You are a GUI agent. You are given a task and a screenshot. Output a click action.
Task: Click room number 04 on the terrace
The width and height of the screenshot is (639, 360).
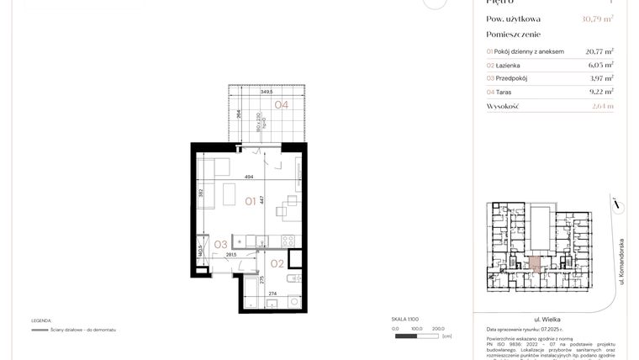[280, 105]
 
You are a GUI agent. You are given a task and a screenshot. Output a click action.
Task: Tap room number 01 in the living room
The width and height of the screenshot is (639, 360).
[251, 201]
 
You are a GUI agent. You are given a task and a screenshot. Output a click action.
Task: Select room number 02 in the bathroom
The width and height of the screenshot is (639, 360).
[278, 262]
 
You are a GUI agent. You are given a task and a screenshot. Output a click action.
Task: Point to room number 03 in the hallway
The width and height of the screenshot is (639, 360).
[220, 244]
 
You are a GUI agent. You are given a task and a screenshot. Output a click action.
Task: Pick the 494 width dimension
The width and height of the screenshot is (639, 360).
[249, 177]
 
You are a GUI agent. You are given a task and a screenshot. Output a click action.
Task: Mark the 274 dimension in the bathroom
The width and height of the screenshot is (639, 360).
[272, 293]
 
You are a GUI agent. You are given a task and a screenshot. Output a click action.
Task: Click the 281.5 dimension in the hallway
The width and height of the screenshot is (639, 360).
[230, 255]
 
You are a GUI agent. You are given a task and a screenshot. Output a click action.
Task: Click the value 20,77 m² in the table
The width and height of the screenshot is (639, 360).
[599, 51]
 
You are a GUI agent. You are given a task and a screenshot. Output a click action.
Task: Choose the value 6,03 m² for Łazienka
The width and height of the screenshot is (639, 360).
[599, 65]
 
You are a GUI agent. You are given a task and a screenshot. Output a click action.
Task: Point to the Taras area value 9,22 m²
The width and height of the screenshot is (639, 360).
[599, 92]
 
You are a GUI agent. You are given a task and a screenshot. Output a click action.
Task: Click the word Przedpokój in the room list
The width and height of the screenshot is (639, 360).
[516, 78]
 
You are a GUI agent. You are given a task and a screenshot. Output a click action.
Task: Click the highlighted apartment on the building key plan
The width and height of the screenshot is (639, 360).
[536, 263]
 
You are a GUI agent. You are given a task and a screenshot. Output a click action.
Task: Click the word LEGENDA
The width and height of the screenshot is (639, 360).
[41, 320]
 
